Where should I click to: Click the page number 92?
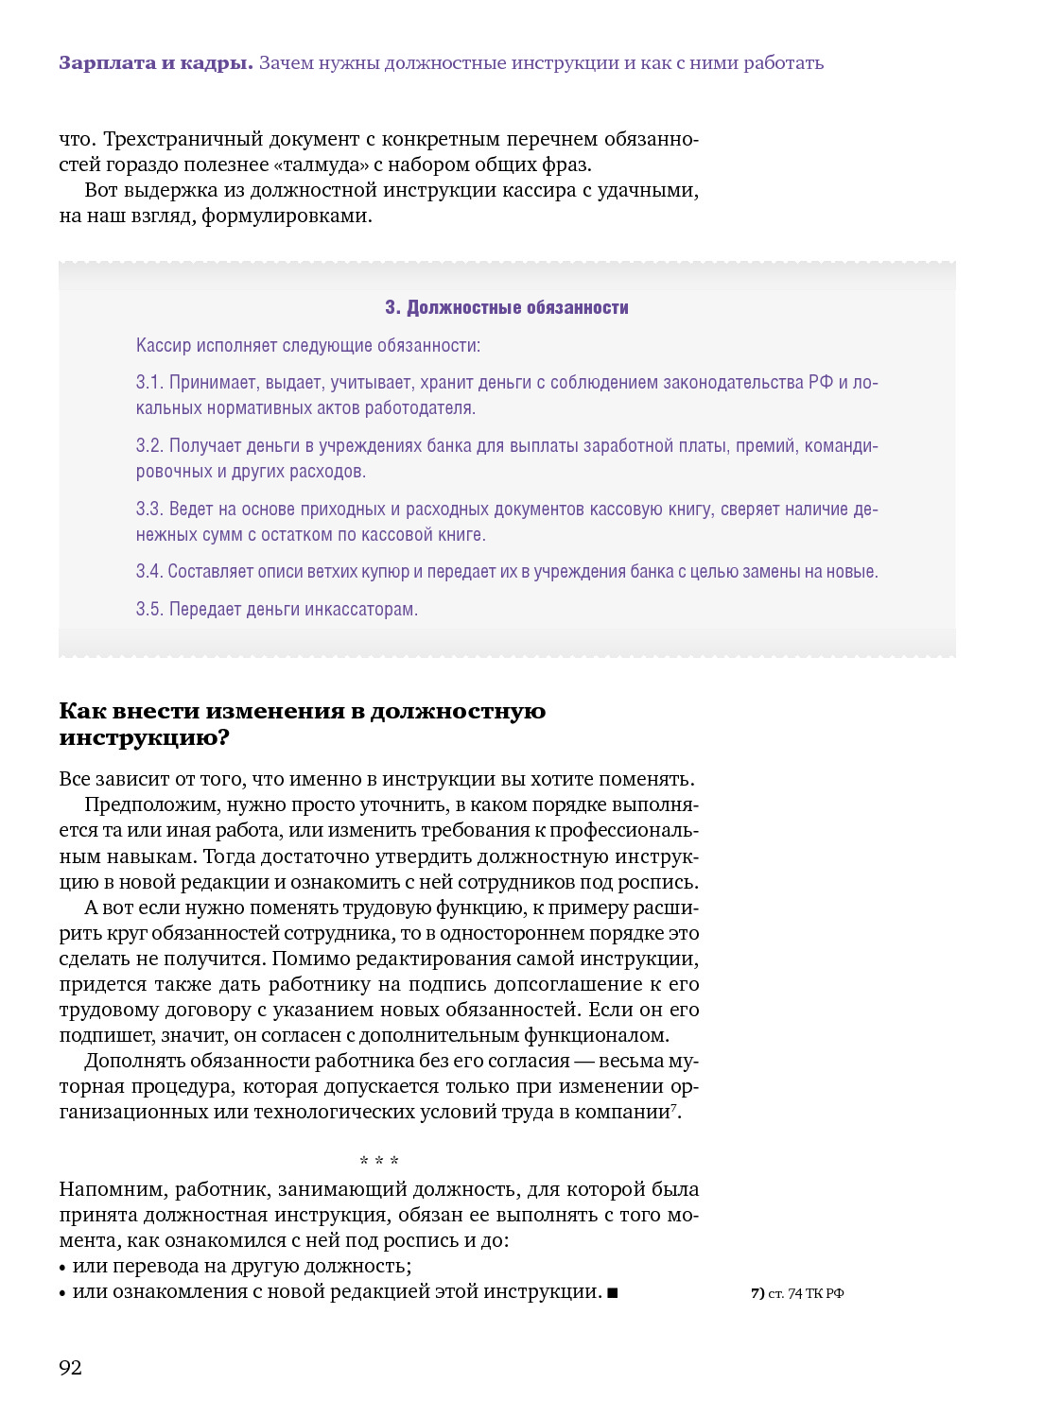(x=70, y=1368)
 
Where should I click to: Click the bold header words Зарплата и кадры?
(x=156, y=63)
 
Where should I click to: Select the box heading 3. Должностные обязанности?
(x=507, y=308)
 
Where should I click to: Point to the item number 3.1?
(x=149, y=383)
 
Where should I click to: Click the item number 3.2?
(x=149, y=446)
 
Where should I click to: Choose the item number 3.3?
(x=149, y=510)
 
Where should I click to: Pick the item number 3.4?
(x=148, y=572)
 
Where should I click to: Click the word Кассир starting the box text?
(x=163, y=346)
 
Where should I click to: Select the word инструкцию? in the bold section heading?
(x=144, y=738)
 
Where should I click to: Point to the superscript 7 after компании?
(x=673, y=1107)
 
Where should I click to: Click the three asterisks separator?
(x=379, y=1161)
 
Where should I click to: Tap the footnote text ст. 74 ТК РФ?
(x=806, y=1294)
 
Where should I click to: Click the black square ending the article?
(x=613, y=1293)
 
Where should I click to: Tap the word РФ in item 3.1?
(x=820, y=383)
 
